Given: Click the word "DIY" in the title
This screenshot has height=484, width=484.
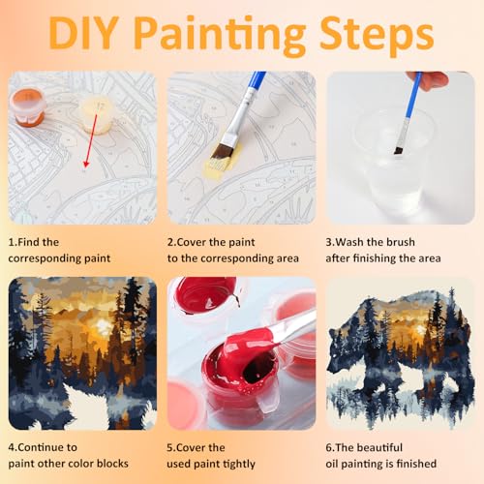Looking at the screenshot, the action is (x=84, y=34).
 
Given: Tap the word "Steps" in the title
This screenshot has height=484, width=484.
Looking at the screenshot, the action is (x=377, y=36).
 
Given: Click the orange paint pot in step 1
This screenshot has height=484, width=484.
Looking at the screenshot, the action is (x=27, y=106).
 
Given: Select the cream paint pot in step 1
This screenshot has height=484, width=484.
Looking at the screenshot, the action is (x=97, y=115).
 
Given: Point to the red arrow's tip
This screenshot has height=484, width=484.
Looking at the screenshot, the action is (x=85, y=166).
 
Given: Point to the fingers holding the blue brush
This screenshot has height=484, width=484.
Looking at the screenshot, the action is (x=429, y=80).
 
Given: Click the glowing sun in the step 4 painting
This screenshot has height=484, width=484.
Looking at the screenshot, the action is (x=103, y=325).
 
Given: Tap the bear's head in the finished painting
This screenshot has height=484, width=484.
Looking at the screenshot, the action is (x=342, y=350).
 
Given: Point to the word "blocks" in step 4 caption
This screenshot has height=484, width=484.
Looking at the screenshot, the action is (x=112, y=464).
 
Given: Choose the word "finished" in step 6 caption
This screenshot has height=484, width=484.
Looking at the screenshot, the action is (x=416, y=464).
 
